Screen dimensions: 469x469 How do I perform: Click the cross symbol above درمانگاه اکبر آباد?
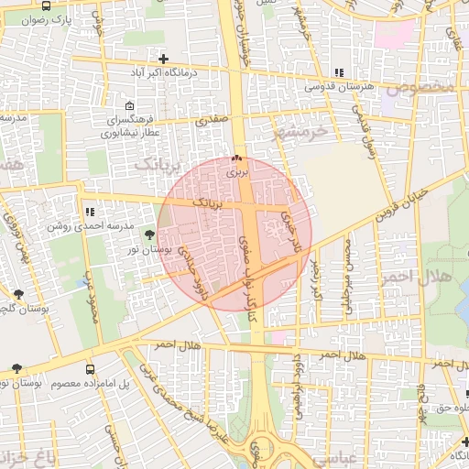coord(163,60)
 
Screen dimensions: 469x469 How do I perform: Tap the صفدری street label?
coord(211,119)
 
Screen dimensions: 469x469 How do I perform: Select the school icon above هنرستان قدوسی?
coord(339,72)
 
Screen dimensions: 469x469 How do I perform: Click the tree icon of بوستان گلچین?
coord(18,294)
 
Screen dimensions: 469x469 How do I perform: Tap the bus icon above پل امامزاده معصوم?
coord(89,369)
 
